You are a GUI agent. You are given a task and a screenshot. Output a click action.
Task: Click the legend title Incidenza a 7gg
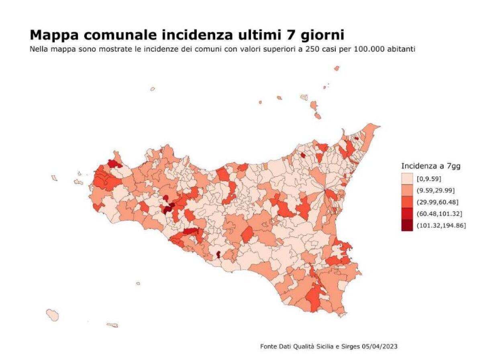pos(431,166)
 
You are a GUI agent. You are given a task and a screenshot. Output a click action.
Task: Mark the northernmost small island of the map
pos(337,68)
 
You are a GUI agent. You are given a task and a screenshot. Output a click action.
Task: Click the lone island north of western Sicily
pos(153,89)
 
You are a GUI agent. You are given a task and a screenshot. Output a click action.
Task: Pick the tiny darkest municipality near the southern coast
pos(218,254)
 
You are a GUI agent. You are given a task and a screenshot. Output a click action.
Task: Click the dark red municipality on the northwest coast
pos(114,164)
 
